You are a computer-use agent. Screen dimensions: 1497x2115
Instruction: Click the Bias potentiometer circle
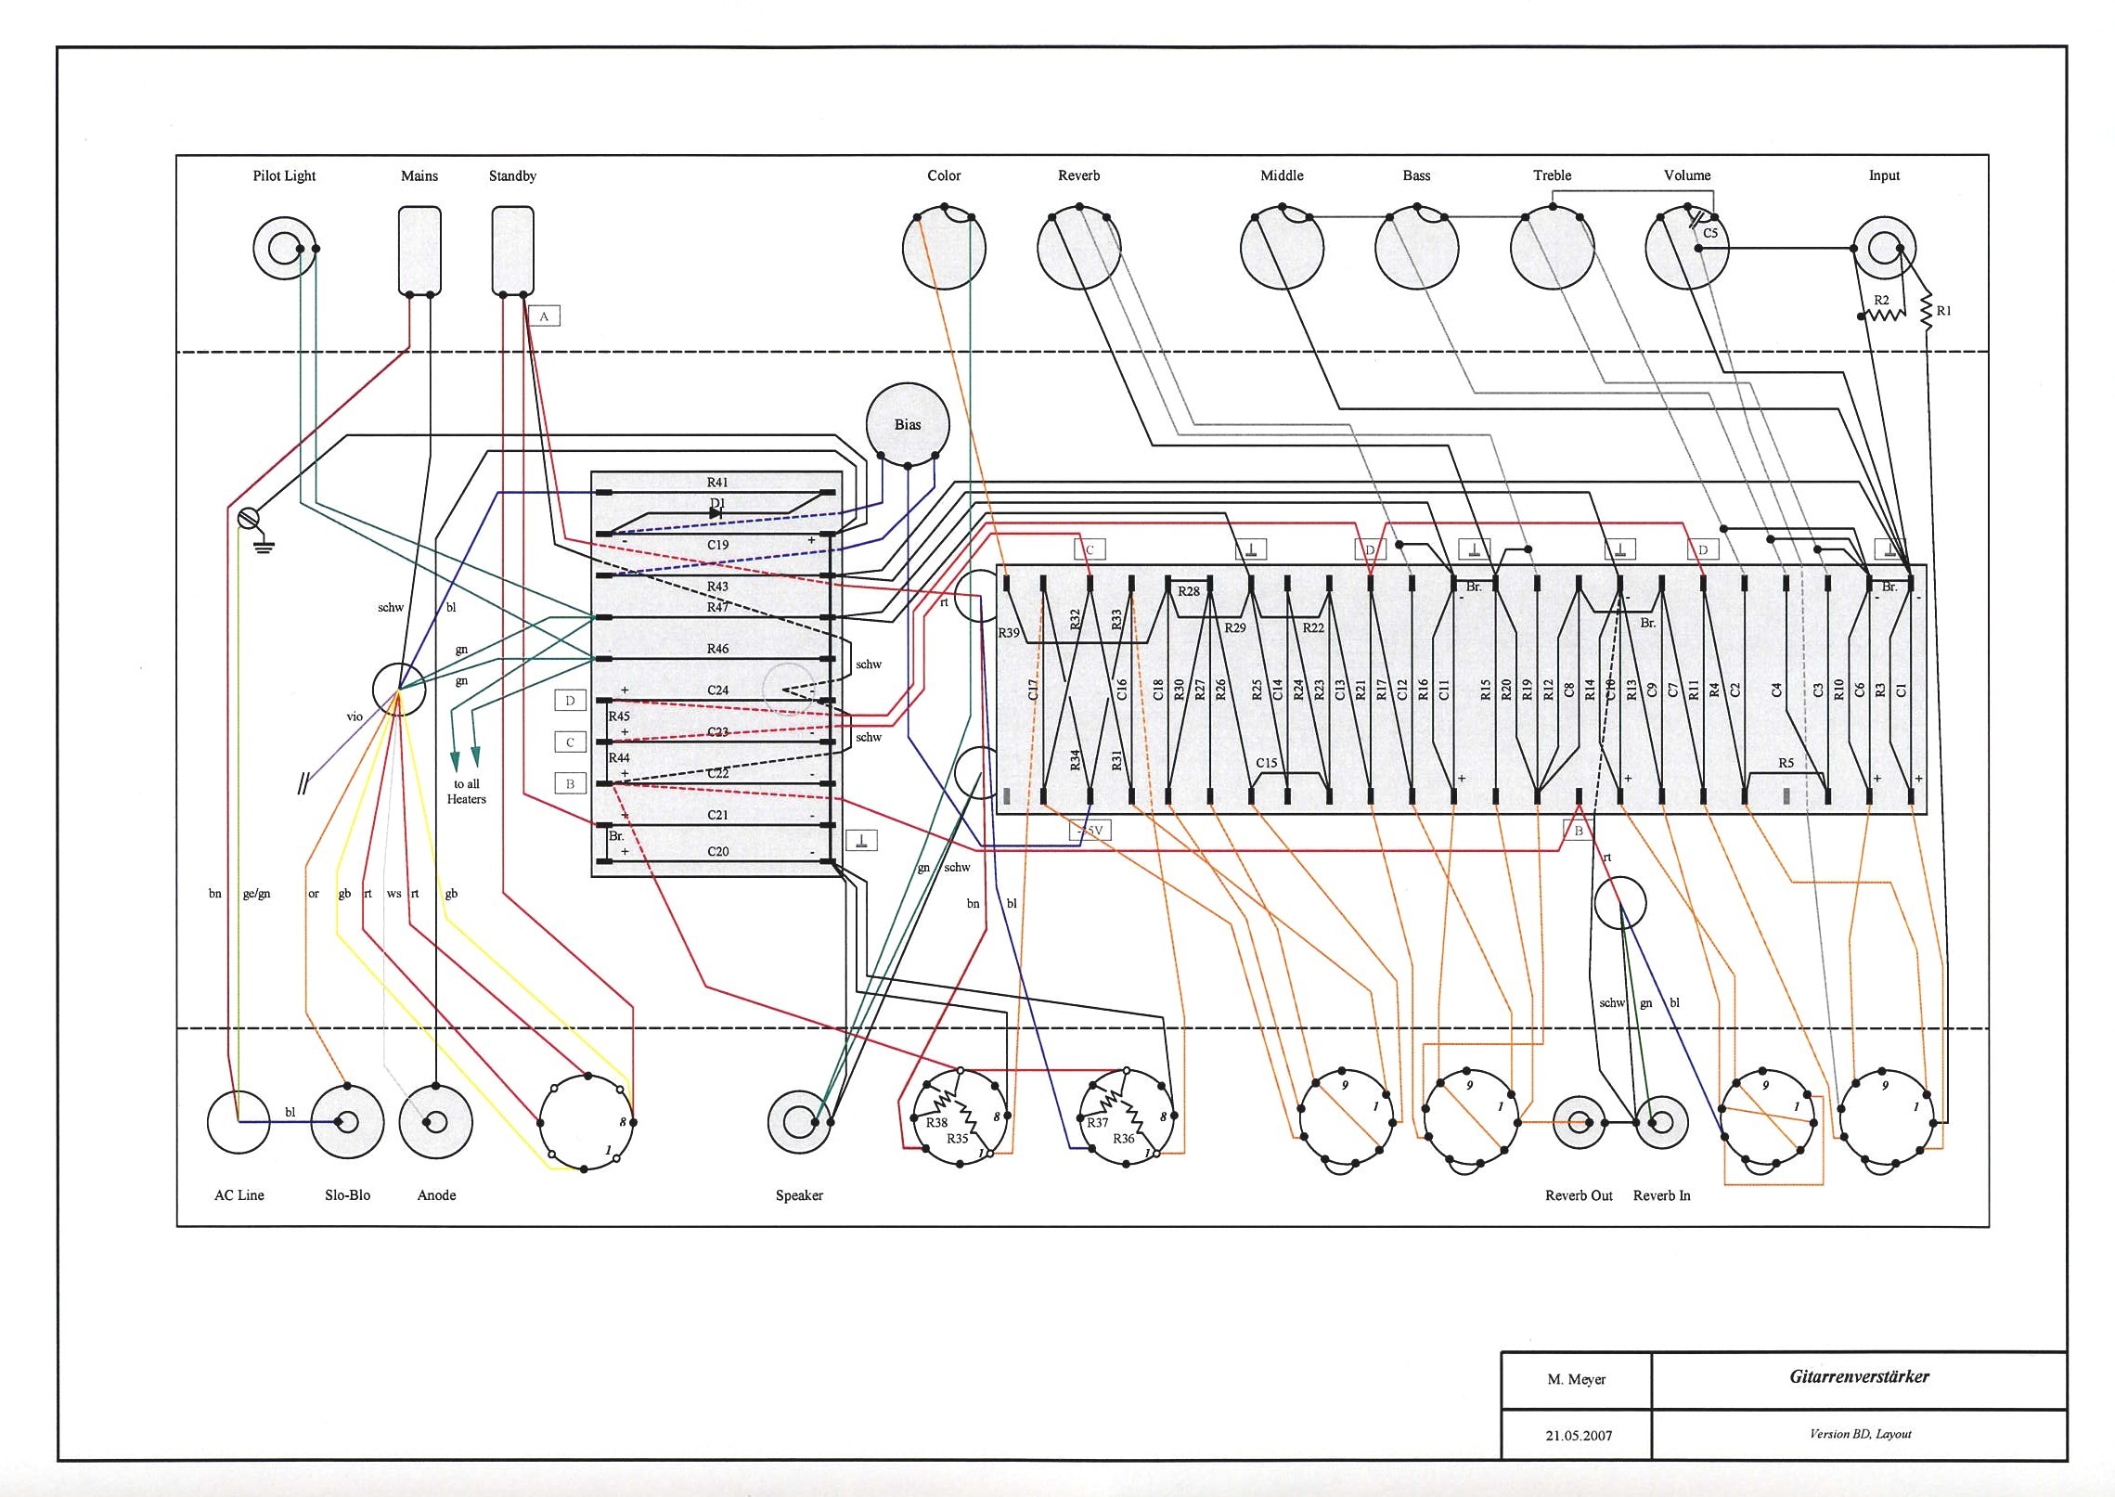point(907,424)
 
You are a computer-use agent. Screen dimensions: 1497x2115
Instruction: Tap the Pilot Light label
point(284,175)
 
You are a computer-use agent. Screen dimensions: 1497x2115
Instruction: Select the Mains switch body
point(419,249)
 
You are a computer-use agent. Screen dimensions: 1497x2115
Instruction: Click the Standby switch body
point(512,249)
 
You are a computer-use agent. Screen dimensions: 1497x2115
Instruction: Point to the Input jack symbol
point(1883,248)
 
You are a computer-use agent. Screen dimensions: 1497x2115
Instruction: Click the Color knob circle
point(944,249)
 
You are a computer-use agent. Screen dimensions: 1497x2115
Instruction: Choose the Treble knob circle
point(1552,249)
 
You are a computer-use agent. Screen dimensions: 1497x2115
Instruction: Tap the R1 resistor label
point(1944,311)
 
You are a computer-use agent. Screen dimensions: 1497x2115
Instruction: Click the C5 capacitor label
point(1710,233)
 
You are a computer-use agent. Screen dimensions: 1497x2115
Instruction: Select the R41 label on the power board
point(717,482)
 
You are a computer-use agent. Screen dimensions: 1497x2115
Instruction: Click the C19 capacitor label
point(717,545)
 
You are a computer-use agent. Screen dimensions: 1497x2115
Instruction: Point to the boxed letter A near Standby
point(544,316)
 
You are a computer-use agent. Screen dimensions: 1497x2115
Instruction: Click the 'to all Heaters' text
point(466,791)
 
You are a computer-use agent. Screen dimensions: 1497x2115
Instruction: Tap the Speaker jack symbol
point(799,1121)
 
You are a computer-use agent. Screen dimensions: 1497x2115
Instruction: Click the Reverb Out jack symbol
point(1579,1121)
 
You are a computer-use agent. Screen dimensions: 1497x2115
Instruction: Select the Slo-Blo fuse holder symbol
point(347,1121)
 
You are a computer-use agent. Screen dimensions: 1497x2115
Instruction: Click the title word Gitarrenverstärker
point(1859,1376)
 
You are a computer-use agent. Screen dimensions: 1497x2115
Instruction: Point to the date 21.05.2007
point(1578,1435)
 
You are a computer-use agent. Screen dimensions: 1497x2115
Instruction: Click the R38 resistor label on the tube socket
point(936,1122)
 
